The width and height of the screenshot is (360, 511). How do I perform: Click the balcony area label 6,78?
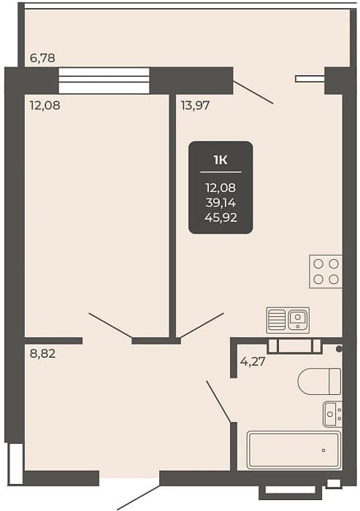pos(42,58)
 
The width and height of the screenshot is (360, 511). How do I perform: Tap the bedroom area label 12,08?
pos(45,106)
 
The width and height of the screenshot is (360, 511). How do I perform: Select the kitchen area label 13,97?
pos(195,106)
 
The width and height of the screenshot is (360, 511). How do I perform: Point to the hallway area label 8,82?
pos(42,353)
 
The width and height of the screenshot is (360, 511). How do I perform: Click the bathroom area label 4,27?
pos(253,361)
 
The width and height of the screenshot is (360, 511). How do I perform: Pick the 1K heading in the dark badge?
pos(221,160)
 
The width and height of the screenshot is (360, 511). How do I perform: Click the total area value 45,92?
pos(221,218)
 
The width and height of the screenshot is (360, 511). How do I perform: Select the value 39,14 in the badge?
pos(221,203)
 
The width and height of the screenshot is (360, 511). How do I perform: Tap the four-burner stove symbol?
pos(326,272)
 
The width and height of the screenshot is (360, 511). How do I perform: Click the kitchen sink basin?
pos(298,319)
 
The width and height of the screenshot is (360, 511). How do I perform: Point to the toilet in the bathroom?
pos(319,382)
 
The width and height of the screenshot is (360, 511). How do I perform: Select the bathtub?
pos(294,450)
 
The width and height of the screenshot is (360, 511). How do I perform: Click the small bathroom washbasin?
pos(332,414)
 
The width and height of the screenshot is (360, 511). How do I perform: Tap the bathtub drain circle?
pos(323,450)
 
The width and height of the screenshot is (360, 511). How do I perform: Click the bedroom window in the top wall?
pos(104,80)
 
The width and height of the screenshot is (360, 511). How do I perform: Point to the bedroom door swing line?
pos(110,326)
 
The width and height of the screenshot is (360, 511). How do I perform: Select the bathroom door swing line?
pos(218,401)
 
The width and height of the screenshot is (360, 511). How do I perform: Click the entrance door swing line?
pos(139,497)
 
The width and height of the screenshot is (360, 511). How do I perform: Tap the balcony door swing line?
pos(253,92)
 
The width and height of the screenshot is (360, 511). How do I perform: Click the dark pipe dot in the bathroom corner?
pos(339,349)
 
